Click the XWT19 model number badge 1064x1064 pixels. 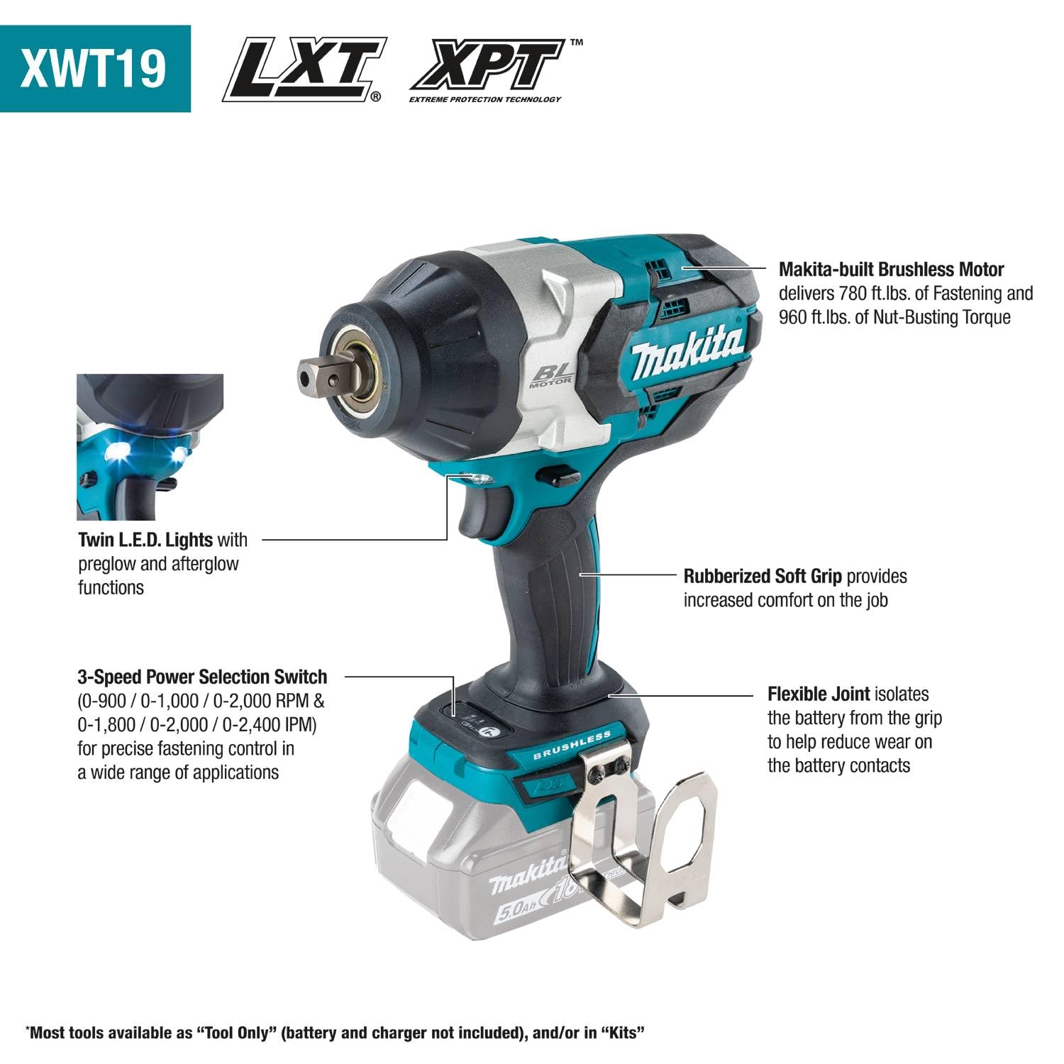click(x=94, y=68)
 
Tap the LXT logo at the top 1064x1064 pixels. click(x=304, y=70)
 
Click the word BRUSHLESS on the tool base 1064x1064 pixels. click(x=572, y=746)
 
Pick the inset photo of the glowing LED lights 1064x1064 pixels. click(x=150, y=447)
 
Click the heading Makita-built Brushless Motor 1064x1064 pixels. click(x=891, y=270)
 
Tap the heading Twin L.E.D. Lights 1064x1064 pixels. click(x=145, y=540)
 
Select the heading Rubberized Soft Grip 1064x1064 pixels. click(x=763, y=576)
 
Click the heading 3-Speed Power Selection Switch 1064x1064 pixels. click(x=202, y=677)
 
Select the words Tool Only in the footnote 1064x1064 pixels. click(x=235, y=1032)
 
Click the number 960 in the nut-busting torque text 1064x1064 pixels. click(x=793, y=317)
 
